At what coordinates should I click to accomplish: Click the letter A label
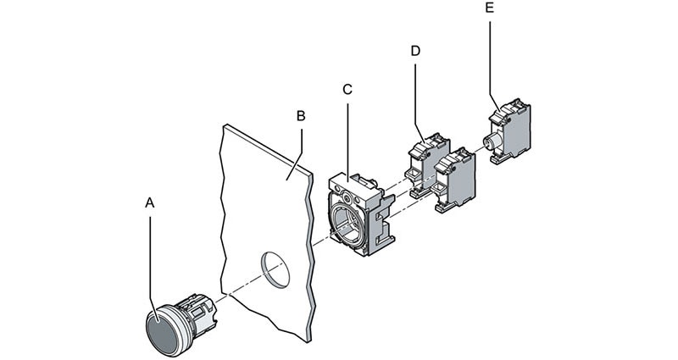[150, 203]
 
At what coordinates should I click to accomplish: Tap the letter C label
[347, 89]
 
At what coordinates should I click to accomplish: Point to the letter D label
[415, 51]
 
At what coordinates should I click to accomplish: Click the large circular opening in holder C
[349, 222]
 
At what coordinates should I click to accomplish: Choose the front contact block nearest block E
[455, 180]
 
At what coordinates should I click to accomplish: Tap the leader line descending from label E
[492, 59]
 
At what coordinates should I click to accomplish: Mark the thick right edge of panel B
[312, 254]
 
